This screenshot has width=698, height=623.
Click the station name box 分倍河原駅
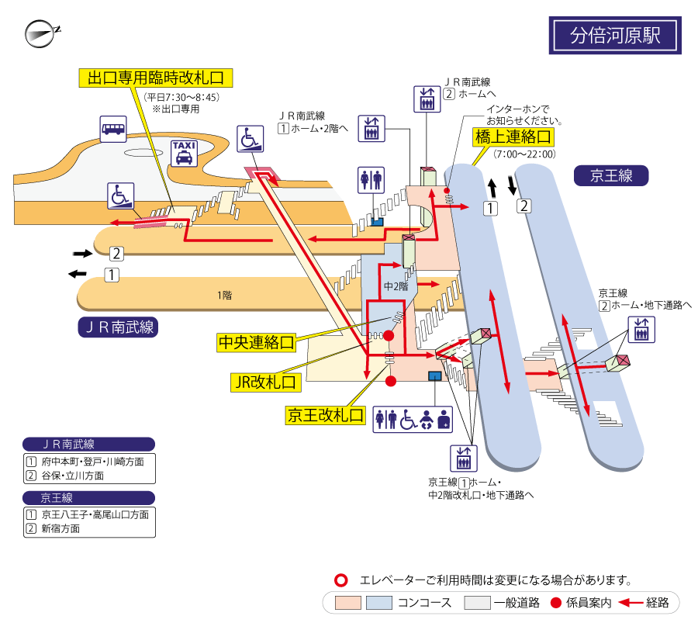coord(615,35)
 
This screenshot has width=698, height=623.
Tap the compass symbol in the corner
coord(41,33)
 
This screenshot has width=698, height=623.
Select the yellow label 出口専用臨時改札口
coord(156,78)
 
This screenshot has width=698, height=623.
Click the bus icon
coord(113,129)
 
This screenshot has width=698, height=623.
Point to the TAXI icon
coord(184,153)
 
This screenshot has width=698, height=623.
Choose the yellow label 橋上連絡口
coord(513,137)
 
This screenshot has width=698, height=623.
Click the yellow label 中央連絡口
coord(257,342)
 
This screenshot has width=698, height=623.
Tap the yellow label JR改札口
coord(266,382)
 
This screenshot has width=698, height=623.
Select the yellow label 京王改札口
coord(326,415)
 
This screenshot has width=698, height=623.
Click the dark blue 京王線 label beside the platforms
coord(611,175)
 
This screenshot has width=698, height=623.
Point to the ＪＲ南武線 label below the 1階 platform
coord(118,327)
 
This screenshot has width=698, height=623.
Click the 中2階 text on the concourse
coord(396,286)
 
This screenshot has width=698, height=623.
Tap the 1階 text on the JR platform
coord(224,295)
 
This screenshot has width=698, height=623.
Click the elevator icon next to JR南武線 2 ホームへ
coord(427,99)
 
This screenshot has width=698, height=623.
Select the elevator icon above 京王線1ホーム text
coord(464,459)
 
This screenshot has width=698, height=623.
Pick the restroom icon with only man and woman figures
coord(371,180)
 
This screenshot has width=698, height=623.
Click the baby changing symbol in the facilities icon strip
coord(427,420)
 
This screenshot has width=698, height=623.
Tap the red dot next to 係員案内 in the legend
coord(555,603)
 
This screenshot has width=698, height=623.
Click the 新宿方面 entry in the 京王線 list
coord(60,528)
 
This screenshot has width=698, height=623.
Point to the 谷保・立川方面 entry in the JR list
coord(73,476)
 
